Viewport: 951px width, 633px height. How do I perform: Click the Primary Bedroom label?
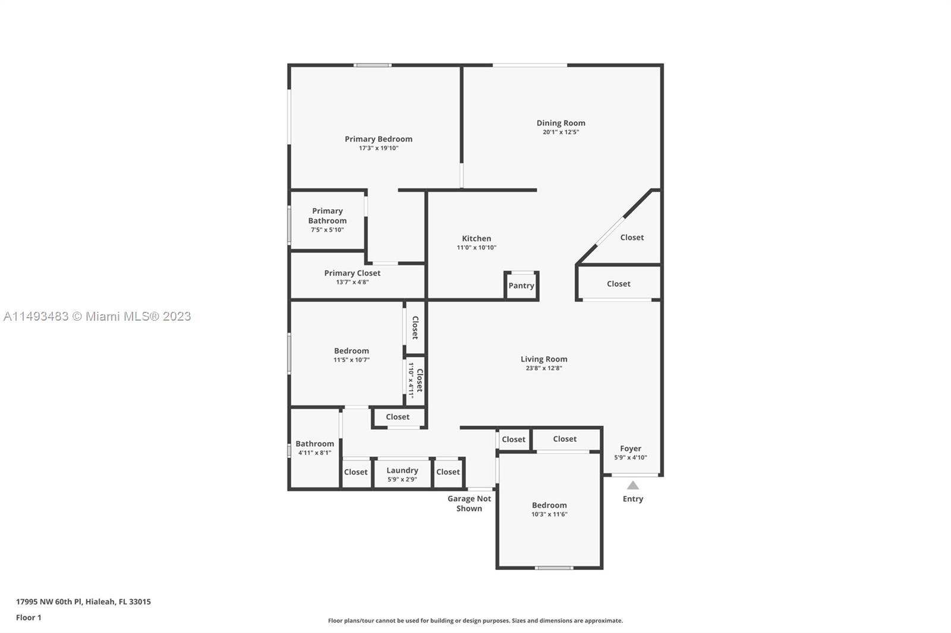click(x=378, y=139)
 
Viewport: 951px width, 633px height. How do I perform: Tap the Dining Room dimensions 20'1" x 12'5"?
click(x=560, y=132)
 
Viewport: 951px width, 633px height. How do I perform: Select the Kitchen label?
click(x=476, y=239)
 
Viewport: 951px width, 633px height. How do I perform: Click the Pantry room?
click(x=521, y=286)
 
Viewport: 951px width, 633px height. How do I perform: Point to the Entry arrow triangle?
click(x=632, y=485)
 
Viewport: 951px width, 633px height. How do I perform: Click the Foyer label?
click(x=631, y=448)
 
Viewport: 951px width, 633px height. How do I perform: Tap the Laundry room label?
click(x=402, y=470)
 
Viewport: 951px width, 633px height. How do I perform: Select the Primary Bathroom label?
click(x=328, y=216)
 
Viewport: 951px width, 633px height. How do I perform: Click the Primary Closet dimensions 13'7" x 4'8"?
click(x=352, y=282)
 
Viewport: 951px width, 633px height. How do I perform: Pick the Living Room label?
click(x=544, y=359)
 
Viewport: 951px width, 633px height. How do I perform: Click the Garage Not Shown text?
click(x=469, y=504)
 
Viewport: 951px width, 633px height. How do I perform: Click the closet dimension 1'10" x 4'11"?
click(x=411, y=380)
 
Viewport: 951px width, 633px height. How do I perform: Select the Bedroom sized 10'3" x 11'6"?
click(x=549, y=509)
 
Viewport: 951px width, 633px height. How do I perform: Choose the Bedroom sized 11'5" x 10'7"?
click(x=347, y=353)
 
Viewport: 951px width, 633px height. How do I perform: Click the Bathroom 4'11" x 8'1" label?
click(x=314, y=444)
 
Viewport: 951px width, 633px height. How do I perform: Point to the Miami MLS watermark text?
click(x=97, y=316)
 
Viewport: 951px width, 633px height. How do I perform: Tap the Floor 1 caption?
click(x=29, y=618)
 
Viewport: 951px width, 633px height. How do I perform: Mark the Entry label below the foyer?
click(x=632, y=499)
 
